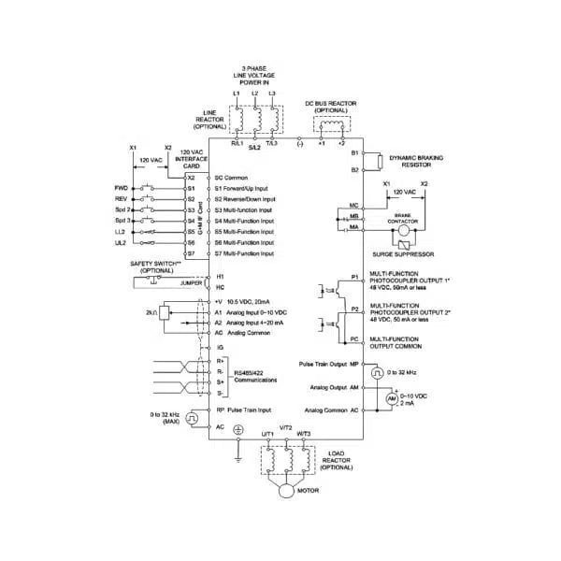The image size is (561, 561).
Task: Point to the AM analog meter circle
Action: (x=393, y=398)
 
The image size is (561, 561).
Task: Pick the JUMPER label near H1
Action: (x=191, y=280)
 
